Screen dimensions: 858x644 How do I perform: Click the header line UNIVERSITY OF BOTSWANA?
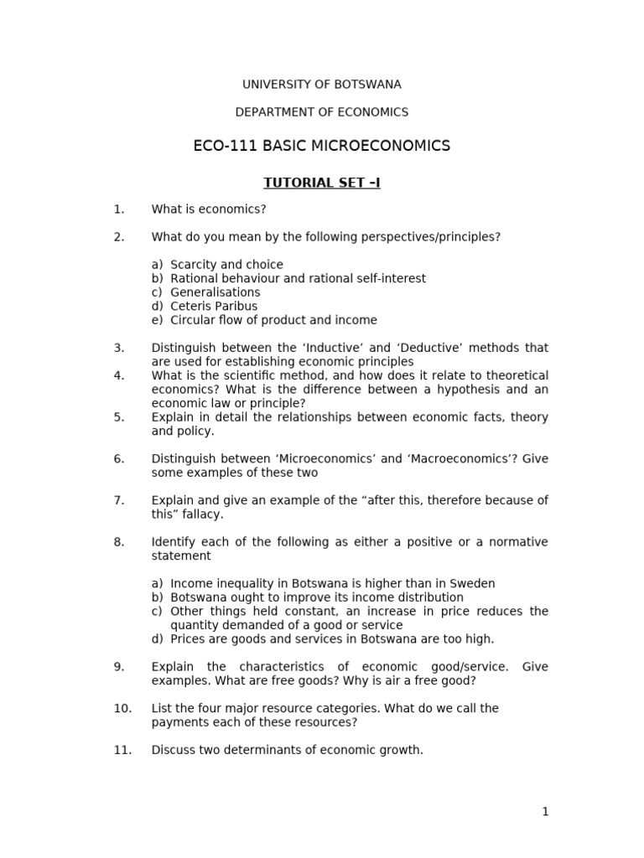(321, 85)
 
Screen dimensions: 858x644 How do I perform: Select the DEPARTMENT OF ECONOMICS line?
(321, 112)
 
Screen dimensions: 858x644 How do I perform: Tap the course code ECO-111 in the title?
(226, 147)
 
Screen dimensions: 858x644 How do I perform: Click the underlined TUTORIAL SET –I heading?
(321, 183)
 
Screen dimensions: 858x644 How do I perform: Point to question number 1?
(118, 209)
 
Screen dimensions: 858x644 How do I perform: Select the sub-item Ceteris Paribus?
(214, 307)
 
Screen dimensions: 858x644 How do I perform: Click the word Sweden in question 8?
(475, 584)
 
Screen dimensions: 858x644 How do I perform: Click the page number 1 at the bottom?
(545, 812)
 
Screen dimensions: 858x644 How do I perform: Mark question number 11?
(122, 751)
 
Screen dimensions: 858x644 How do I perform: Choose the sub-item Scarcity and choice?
(226, 265)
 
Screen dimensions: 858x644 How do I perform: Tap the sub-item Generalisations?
(215, 292)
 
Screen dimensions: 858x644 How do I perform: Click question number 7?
(118, 501)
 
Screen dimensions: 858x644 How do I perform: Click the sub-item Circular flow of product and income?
(273, 320)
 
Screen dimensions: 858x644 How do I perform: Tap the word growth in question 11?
(401, 751)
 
